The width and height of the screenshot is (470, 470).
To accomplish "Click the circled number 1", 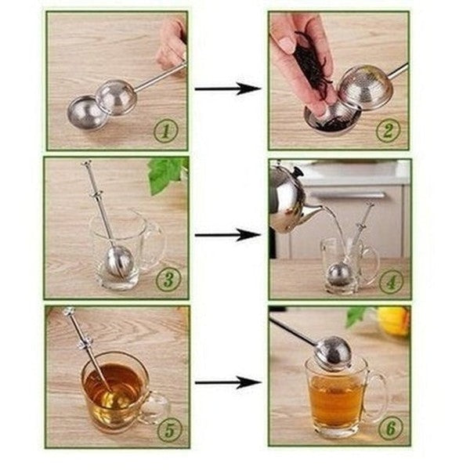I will [164, 131].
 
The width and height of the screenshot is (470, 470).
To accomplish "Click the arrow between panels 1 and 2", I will [227, 89].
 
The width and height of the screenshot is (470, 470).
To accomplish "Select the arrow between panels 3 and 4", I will [227, 234].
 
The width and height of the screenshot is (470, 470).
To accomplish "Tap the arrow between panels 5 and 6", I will [227, 383].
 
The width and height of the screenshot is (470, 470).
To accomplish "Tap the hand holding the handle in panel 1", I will [170, 43].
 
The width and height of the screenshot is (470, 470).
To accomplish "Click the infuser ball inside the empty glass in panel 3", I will [119, 261].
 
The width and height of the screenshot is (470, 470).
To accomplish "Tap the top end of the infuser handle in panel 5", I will [69, 313].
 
